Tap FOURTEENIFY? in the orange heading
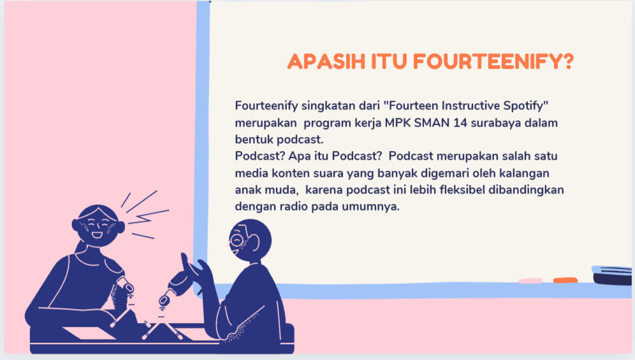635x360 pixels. (x=493, y=62)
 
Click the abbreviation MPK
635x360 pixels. (x=398, y=123)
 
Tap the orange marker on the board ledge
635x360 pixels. (x=566, y=280)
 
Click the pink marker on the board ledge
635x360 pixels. (x=530, y=280)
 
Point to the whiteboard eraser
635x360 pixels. (x=612, y=275)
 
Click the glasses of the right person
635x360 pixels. (x=237, y=241)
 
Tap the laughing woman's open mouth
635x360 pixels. (x=97, y=234)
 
